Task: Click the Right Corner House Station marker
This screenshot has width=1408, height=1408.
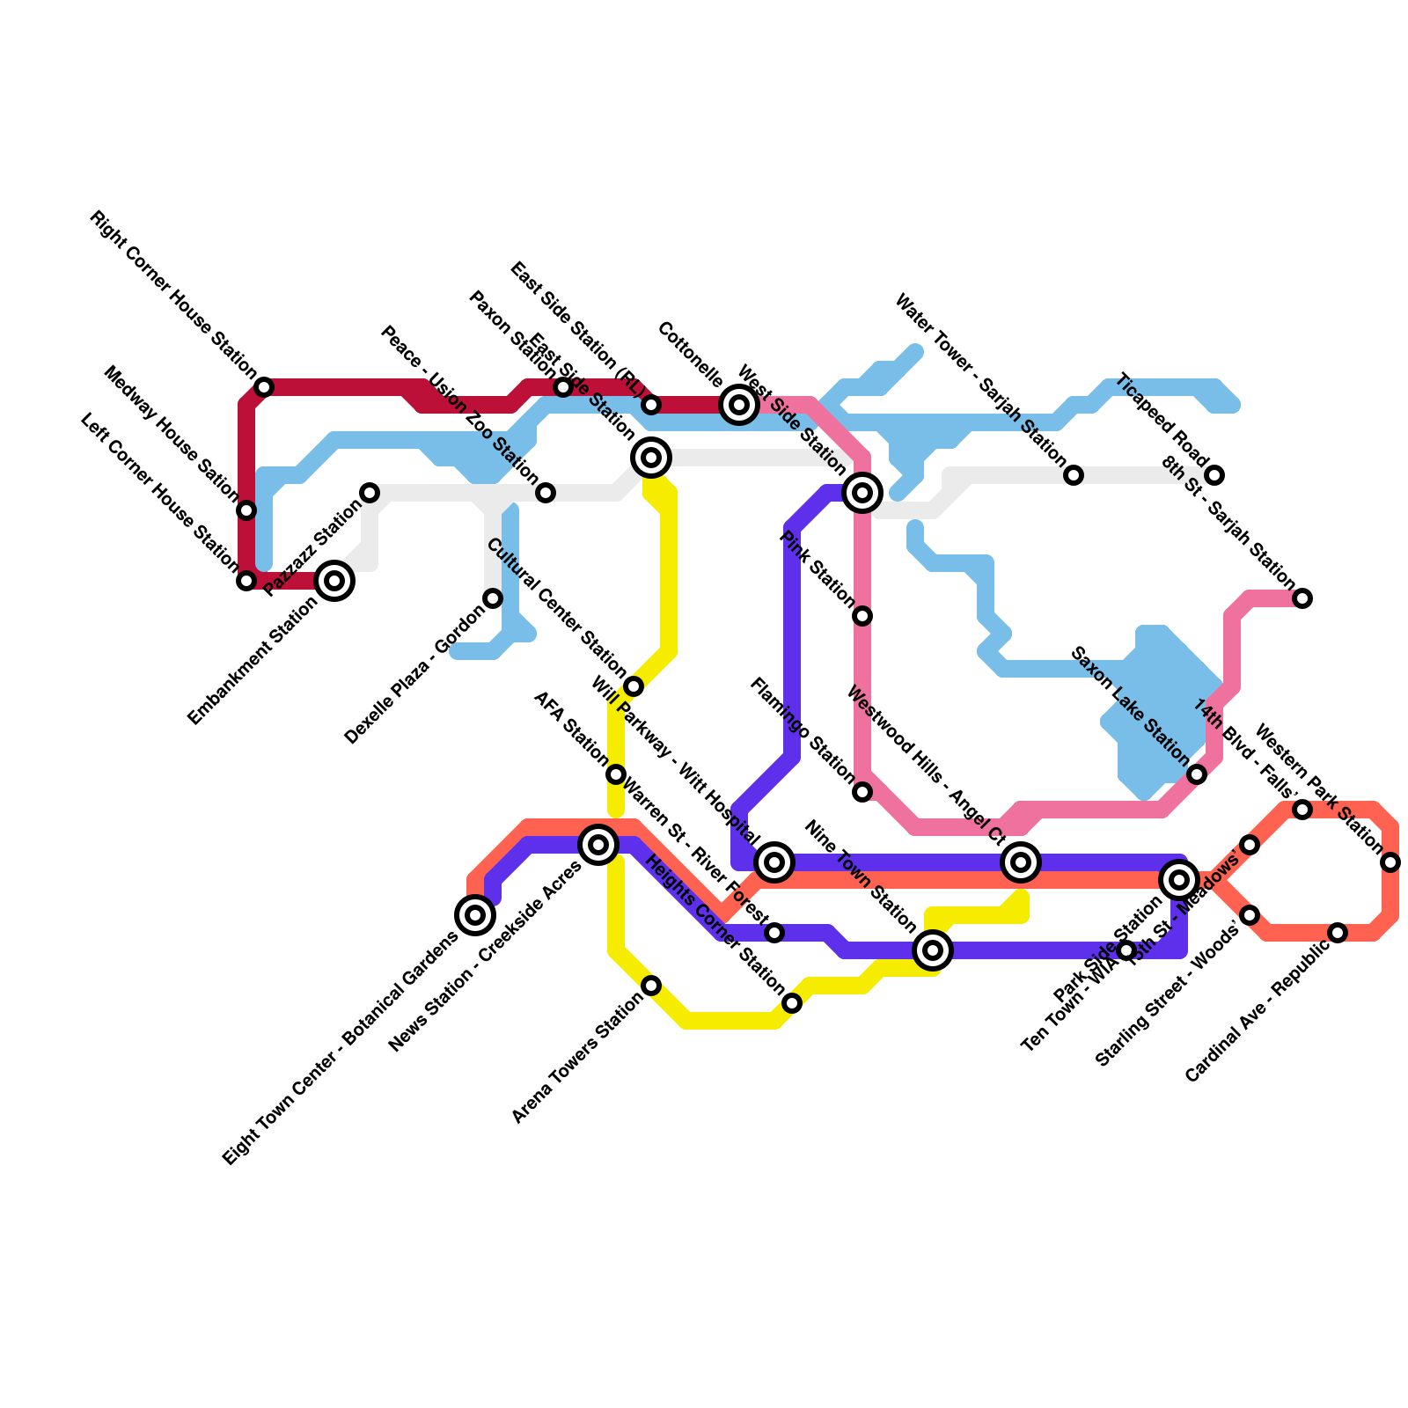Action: (x=264, y=387)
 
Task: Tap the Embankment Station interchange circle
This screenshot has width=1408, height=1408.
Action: (x=334, y=581)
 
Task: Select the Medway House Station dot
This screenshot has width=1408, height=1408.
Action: (x=247, y=510)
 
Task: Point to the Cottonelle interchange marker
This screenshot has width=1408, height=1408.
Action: (x=739, y=405)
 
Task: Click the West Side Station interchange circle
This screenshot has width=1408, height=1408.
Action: (x=862, y=493)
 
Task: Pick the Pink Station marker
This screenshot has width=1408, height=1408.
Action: (x=862, y=616)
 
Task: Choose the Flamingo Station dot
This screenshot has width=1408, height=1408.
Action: (x=862, y=792)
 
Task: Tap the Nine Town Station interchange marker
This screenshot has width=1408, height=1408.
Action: (x=933, y=950)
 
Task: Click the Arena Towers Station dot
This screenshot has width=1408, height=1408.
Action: (x=651, y=986)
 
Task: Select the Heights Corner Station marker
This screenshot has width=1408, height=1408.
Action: (x=792, y=1003)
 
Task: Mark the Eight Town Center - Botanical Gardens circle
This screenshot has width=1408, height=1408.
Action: (x=475, y=915)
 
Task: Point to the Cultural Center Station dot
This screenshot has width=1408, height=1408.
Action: (x=634, y=686)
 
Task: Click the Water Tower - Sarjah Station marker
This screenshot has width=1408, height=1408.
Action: (x=1074, y=475)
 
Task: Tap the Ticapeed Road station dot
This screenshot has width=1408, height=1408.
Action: (x=1214, y=475)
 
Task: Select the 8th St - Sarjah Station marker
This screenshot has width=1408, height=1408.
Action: (x=1302, y=598)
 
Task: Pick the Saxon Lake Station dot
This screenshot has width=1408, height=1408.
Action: (x=1197, y=774)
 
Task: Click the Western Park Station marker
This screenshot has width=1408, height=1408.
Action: (x=1390, y=862)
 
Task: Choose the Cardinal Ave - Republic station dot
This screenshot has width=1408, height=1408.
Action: (x=1338, y=933)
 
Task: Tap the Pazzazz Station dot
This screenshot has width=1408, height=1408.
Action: (x=370, y=493)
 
